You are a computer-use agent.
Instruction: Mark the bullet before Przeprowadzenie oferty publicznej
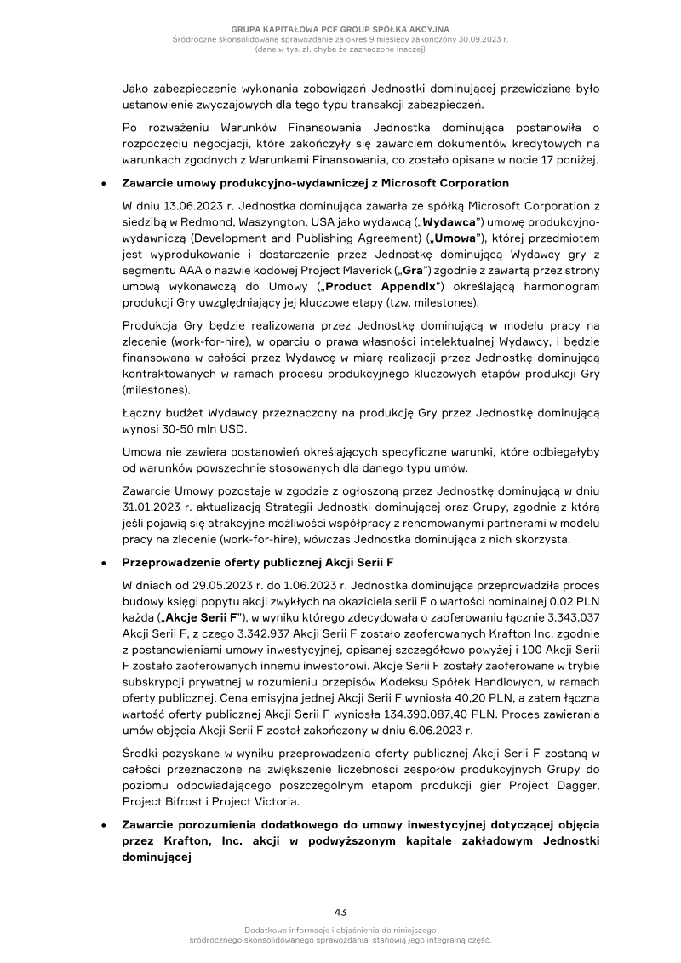click(103, 563)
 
